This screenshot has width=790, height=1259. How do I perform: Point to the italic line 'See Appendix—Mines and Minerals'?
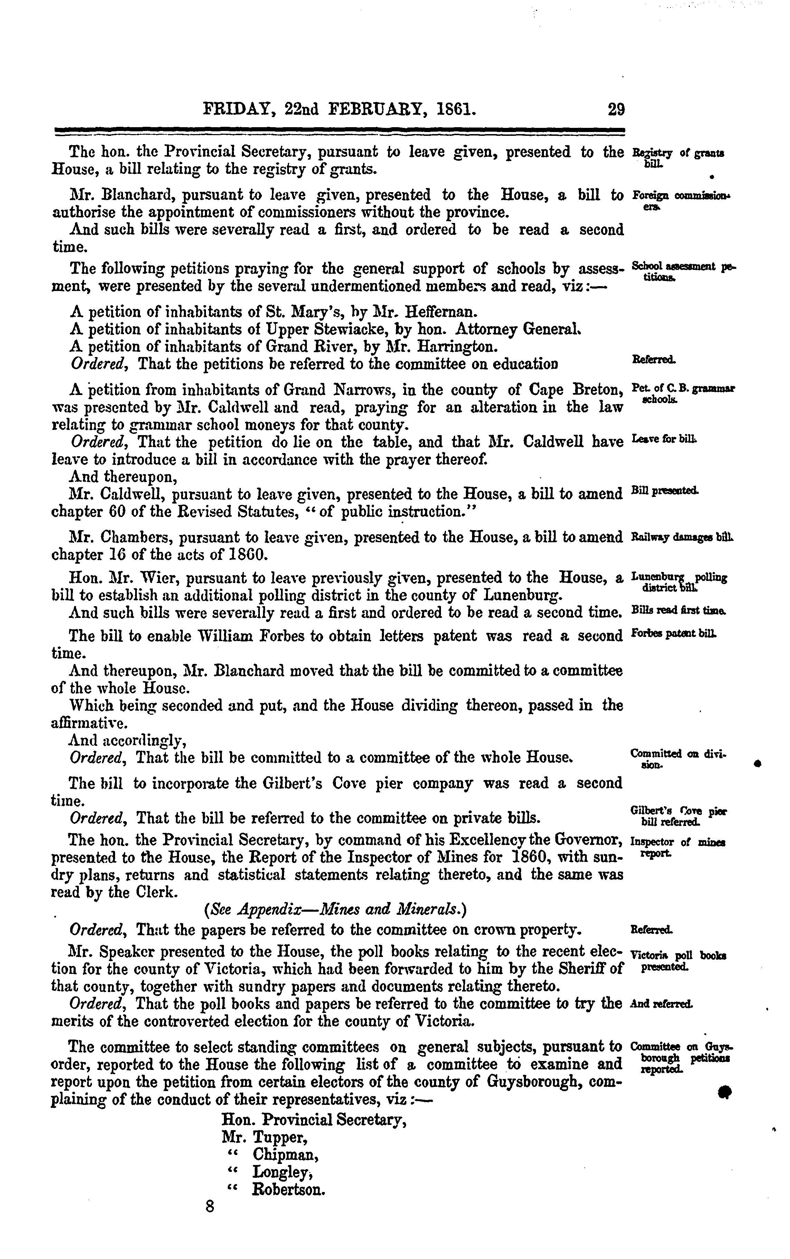336,910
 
